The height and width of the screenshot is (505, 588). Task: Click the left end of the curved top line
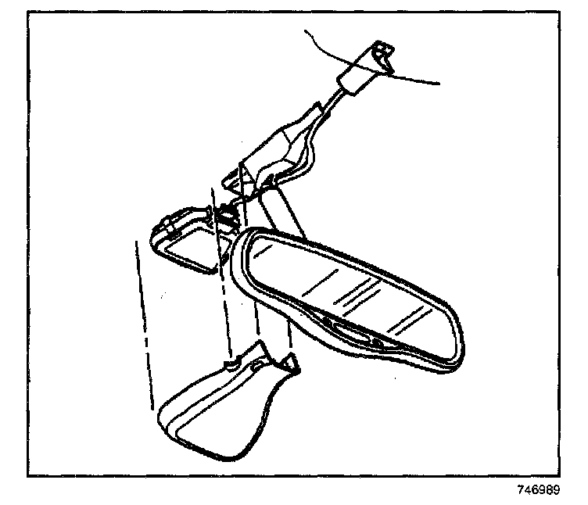tap(307, 33)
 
